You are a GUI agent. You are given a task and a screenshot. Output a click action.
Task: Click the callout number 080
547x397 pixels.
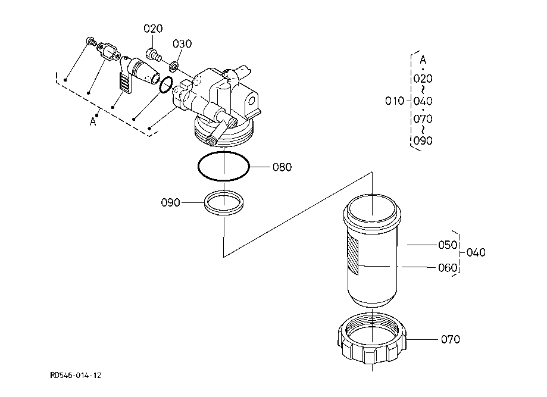282,167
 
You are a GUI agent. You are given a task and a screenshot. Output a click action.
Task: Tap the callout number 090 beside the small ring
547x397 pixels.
170,203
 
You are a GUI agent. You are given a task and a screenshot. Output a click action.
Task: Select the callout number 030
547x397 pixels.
182,44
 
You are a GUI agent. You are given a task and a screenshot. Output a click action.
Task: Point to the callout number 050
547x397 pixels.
448,245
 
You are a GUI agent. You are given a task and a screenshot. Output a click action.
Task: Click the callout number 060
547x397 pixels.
448,268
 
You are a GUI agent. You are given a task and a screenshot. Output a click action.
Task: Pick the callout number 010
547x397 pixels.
395,101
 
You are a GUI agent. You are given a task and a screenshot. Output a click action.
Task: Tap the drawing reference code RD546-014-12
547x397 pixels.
76,376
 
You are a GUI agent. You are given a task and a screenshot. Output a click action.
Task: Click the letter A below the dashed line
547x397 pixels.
93,122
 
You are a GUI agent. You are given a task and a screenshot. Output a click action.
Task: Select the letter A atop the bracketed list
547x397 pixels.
423,60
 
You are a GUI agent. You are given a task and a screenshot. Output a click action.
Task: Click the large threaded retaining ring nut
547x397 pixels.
372,339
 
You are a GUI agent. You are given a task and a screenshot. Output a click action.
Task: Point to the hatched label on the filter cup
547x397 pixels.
353,255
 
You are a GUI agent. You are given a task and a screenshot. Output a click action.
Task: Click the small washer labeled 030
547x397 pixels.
173,65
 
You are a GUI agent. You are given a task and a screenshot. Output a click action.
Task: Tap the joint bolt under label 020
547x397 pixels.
154,55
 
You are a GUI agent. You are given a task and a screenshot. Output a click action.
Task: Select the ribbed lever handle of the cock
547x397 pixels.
125,82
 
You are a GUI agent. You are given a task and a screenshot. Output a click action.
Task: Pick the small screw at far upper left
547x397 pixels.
91,41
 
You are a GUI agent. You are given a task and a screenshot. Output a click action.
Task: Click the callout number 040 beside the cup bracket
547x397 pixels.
476,252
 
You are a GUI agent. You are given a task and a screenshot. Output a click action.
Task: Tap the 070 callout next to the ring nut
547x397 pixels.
451,339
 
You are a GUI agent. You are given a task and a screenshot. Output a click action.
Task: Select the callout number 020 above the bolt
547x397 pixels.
153,29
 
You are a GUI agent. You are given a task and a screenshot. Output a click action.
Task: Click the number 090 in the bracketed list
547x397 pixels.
423,141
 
